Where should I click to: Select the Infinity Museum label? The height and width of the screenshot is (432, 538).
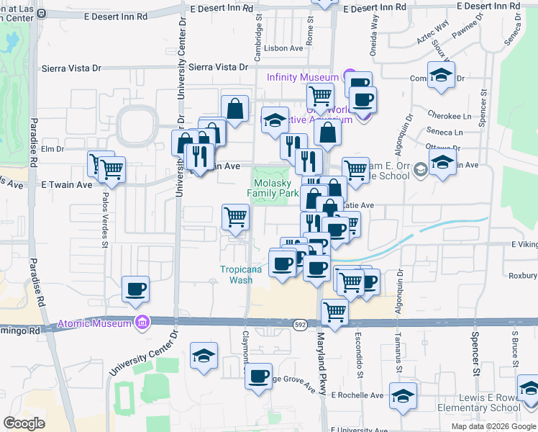[x=303, y=77]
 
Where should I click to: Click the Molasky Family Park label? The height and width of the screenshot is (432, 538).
[x=273, y=189]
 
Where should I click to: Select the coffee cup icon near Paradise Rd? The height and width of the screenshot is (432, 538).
[x=136, y=289]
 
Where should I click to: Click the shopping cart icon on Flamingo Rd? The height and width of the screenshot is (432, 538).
[x=334, y=311]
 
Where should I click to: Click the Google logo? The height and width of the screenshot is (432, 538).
[x=24, y=423]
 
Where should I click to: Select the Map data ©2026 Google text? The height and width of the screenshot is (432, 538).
[x=493, y=426]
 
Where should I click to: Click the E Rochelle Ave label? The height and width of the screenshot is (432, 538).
[x=357, y=395]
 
